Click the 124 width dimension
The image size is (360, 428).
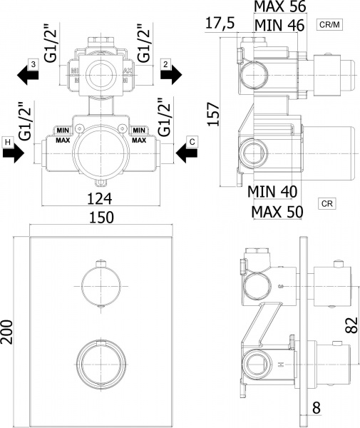pos(99,199)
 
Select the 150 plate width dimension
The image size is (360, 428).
pos(101,218)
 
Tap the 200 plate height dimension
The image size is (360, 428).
pos(6,332)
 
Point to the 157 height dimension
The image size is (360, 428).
pos(214,114)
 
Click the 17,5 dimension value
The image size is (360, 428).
pos(220,23)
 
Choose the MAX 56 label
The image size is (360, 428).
pos(280,6)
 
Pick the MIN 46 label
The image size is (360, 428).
pos(279,25)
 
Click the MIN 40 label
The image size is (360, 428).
pos(272,192)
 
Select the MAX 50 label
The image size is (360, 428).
pos(277,212)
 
